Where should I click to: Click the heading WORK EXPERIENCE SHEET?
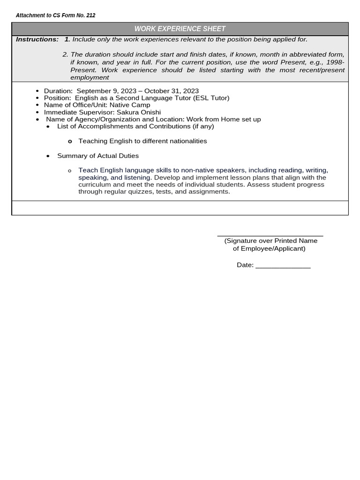(x=180, y=29)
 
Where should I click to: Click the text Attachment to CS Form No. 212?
(x=55, y=15)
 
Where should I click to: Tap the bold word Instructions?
(x=37, y=39)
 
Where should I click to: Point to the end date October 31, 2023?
(x=172, y=91)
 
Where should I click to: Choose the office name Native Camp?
(x=130, y=105)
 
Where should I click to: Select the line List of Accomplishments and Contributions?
(x=135, y=126)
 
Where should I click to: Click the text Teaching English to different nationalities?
(x=142, y=141)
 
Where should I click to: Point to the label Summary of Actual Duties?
(x=97, y=156)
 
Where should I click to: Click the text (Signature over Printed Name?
(x=270, y=241)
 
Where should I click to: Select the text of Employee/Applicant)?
(x=269, y=248)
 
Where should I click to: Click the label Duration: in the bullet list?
(x=58, y=91)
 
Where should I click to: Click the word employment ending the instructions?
(x=90, y=77)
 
